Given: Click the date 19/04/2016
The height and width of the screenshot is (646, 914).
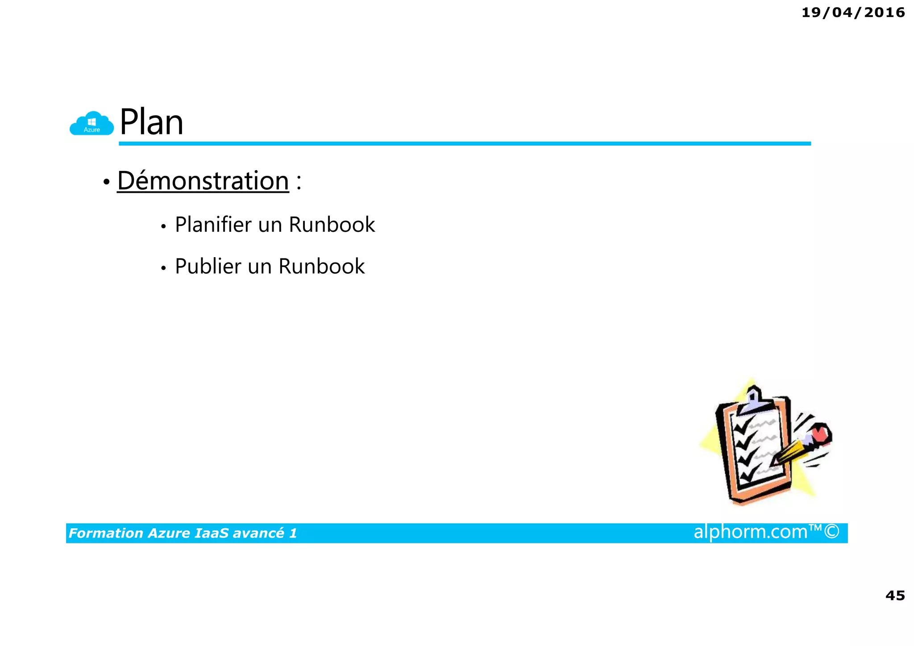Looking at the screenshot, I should [x=853, y=13].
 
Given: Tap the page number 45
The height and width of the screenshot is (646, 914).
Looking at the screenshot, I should [x=895, y=595].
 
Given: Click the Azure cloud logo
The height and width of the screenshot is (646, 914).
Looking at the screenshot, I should [x=92, y=123].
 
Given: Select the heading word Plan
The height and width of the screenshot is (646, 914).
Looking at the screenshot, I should [x=151, y=122].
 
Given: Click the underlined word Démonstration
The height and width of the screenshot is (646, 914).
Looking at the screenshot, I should [x=203, y=181].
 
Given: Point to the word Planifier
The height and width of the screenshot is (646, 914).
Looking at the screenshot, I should [x=213, y=224].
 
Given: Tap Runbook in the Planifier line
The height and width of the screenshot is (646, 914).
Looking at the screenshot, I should [x=332, y=224].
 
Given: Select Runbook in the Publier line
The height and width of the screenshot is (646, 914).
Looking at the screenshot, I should [x=321, y=266].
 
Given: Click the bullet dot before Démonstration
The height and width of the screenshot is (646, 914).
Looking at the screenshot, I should [x=106, y=182].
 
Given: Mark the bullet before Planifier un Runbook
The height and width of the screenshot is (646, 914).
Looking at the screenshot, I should [x=164, y=226].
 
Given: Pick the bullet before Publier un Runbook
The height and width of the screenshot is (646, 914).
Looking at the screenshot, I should [x=164, y=268].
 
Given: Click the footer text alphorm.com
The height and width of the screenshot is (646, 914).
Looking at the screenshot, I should [x=750, y=532].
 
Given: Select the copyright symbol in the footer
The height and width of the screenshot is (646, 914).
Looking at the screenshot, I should [x=832, y=532].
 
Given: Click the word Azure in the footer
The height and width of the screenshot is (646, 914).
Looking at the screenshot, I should [x=169, y=533].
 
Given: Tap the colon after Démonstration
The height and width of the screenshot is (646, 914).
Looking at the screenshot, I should [x=299, y=182].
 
